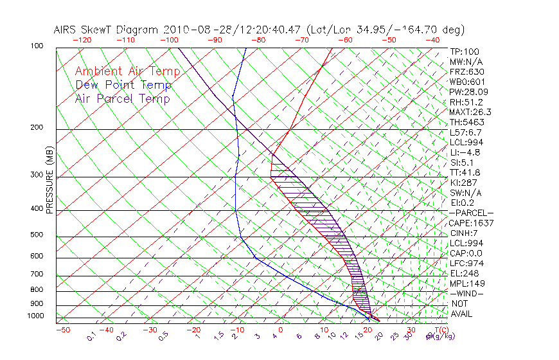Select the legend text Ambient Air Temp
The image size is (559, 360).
pyautogui.click(x=127, y=71)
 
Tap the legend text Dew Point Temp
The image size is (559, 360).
pyautogui.click(x=123, y=85)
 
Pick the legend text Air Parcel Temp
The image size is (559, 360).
pyautogui.click(x=123, y=98)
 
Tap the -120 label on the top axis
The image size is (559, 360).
pyautogui.click(x=82, y=40)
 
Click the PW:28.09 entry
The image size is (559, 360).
pyautogui.click(x=465, y=92)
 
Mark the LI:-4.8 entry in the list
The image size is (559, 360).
pyautogui.click(x=464, y=152)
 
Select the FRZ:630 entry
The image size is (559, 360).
pyautogui.click(x=463, y=72)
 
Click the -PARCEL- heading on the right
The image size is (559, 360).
pyautogui.click(x=471, y=213)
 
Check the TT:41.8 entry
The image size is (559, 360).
pyautogui.click(x=463, y=172)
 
